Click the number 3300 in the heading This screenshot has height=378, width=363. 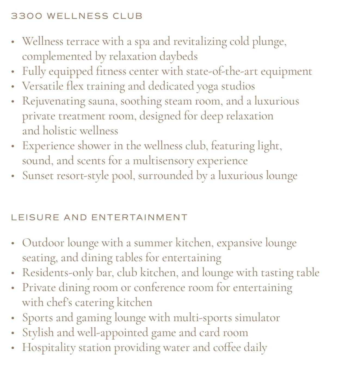[x=27, y=16]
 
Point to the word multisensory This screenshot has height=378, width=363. [x=163, y=161]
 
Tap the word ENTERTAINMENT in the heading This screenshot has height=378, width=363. [x=139, y=217]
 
